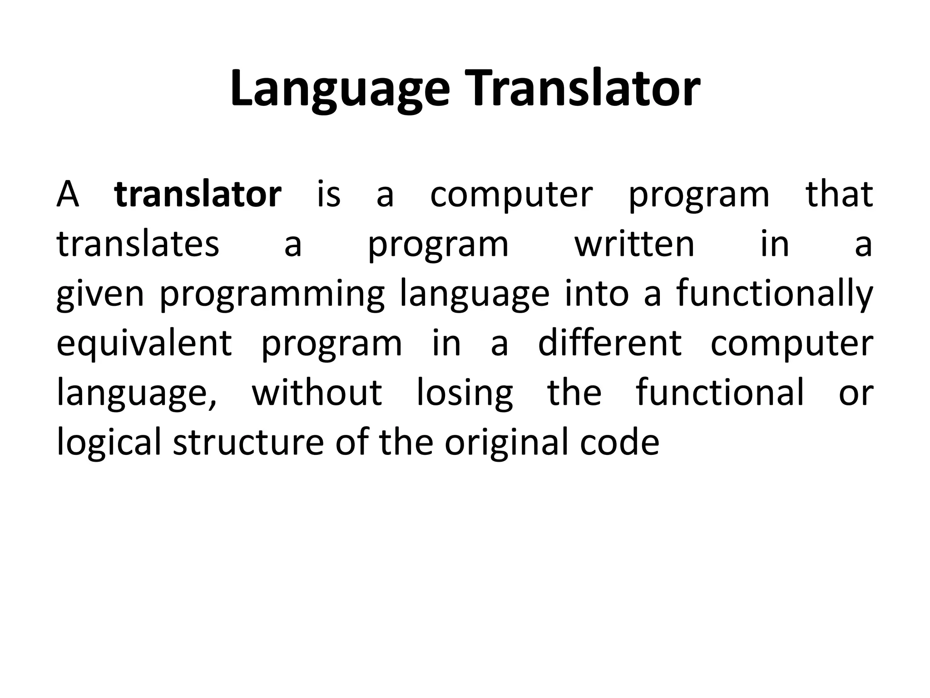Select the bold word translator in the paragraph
pyautogui.click(x=198, y=194)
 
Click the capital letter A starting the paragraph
pyautogui.click(x=68, y=194)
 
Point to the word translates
pyautogui.click(x=138, y=244)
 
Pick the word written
pyautogui.click(x=634, y=244)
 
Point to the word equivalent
pyautogui.click(x=144, y=344)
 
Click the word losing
pyautogui.click(x=465, y=393)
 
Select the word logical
pyautogui.click(x=109, y=443)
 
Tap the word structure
pyautogui.click(x=248, y=443)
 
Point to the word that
pyautogui.click(x=839, y=194)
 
